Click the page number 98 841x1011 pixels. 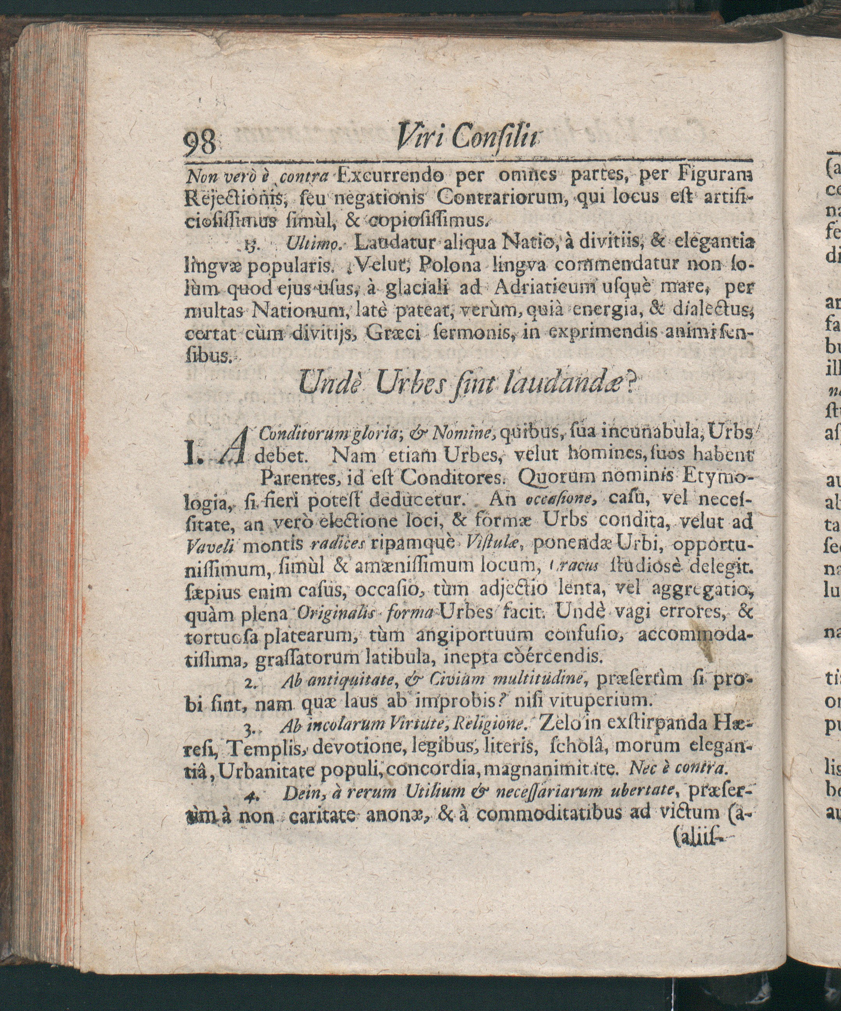201,144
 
